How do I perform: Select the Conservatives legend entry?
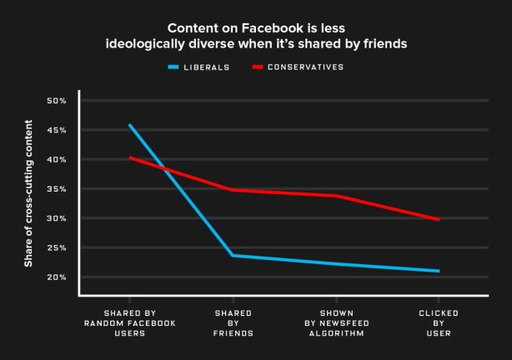[x=304, y=67]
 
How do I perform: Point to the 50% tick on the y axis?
[x=57, y=101]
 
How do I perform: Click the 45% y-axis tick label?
[x=57, y=131]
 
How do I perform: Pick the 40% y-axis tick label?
[x=57, y=160]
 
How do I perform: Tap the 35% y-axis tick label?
[x=57, y=189]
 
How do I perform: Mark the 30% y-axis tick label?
[x=57, y=218]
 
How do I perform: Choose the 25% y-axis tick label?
[x=57, y=248]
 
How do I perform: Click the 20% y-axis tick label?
[x=57, y=277]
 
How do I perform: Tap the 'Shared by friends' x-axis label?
[x=233, y=322]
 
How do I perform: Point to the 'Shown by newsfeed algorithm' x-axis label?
[x=335, y=322]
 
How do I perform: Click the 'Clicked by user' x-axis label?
[x=438, y=322]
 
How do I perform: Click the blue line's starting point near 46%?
[x=129, y=125]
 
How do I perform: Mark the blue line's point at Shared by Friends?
[x=233, y=255]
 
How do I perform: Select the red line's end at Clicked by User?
[x=439, y=220]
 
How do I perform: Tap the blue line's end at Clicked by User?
[x=439, y=271]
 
